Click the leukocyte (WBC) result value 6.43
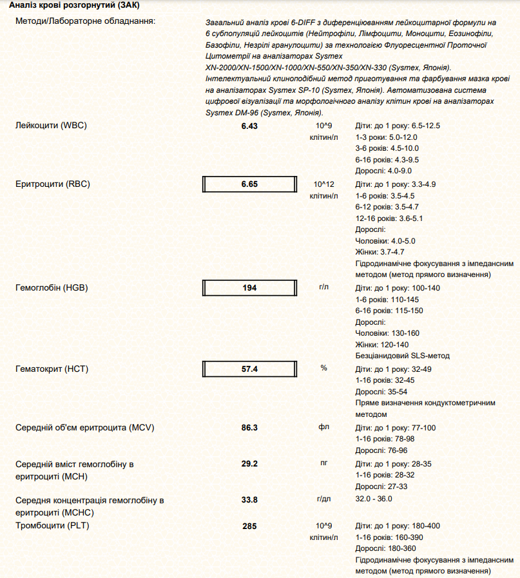point(249,126)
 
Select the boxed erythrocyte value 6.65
point(249,184)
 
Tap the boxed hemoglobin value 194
point(249,288)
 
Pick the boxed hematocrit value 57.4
point(249,369)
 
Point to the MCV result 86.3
point(249,428)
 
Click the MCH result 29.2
point(249,464)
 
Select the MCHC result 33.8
point(249,499)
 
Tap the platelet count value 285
point(249,526)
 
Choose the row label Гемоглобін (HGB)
point(52,287)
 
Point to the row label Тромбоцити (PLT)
point(52,526)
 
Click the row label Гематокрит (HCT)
point(52,369)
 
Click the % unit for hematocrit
point(323,368)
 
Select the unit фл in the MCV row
point(323,427)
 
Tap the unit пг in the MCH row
point(323,463)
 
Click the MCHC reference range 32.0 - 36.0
point(374,499)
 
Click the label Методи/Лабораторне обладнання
point(85,22)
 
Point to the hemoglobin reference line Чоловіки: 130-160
point(387,333)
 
